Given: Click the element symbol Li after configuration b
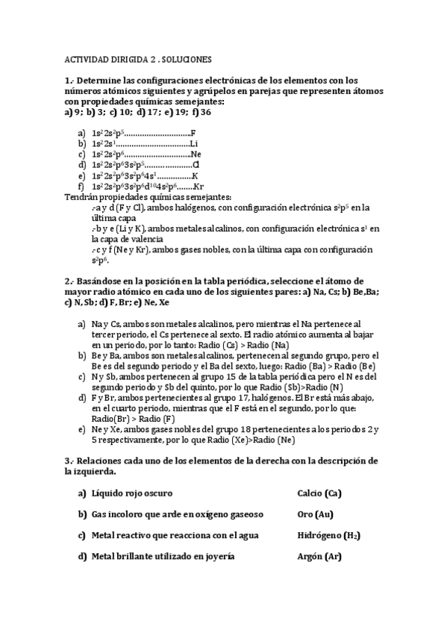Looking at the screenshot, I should (x=194, y=143).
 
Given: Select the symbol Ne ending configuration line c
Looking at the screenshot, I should (x=196, y=154).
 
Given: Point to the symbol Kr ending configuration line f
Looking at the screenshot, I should (x=199, y=186).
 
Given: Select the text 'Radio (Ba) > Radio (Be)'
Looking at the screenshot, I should (x=331, y=367).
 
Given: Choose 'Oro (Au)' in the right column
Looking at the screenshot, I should (x=314, y=514).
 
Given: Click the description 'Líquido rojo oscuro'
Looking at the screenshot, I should (x=132, y=493).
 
